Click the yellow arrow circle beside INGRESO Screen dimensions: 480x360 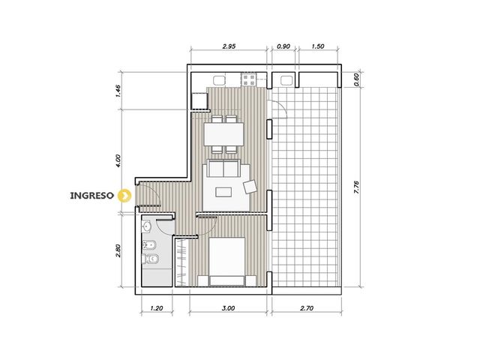124,195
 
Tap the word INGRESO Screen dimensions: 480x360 92,196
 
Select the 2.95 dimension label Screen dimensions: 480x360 229,46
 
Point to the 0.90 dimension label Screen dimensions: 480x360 283,46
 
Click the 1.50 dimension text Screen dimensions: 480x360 318,46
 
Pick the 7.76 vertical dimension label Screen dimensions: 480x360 356,187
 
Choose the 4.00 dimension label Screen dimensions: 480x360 118,160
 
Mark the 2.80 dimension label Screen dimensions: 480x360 118,250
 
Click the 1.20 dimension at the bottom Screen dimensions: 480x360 157,308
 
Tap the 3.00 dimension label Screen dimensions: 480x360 228,308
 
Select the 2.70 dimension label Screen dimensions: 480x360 307,308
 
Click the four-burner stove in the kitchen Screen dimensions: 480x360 248,79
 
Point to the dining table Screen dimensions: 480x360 223,134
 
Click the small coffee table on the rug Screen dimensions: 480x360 223,192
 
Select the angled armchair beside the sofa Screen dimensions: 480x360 250,187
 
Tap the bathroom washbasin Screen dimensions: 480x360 146,226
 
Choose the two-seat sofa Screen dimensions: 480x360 223,168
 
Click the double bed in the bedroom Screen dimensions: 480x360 226,262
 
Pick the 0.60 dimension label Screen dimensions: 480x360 356,79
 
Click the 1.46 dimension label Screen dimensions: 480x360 118,91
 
